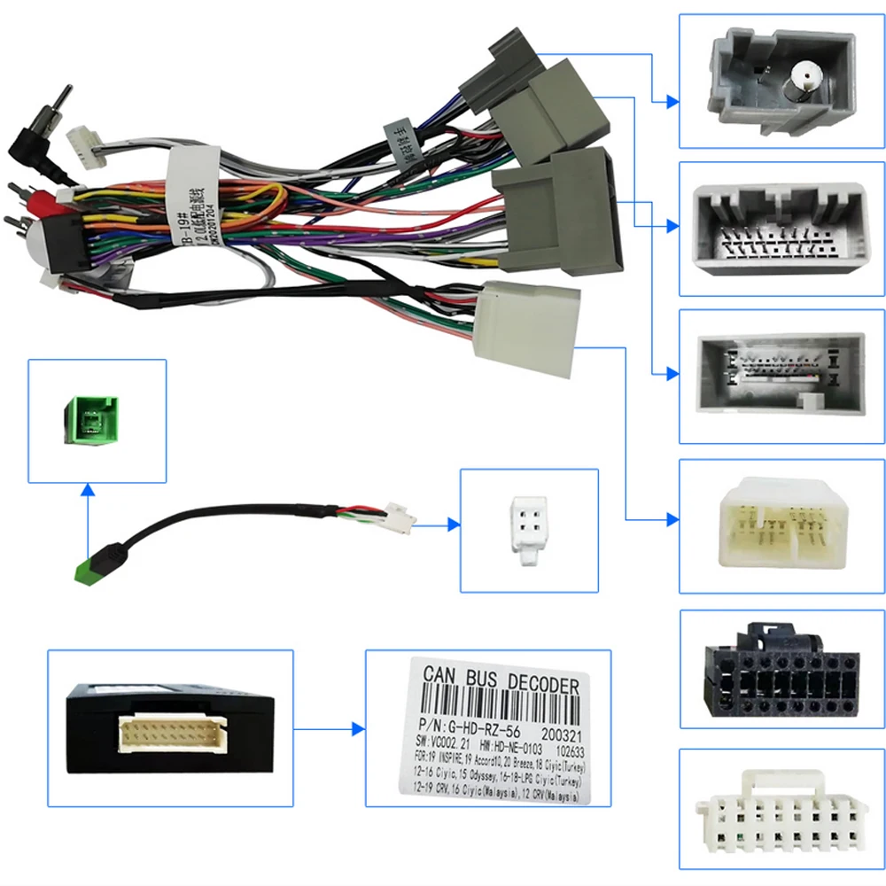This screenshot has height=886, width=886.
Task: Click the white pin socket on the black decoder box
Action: [x=167, y=731]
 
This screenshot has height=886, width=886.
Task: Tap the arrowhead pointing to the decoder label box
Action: [x=358, y=729]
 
